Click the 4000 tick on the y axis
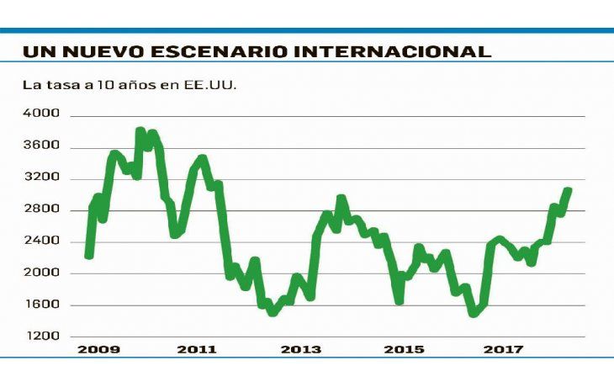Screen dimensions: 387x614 (x=41, y=114)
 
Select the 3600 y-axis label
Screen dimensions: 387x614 (x=41, y=146)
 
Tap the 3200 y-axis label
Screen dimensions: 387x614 (x=41, y=178)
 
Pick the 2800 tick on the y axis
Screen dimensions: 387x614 (x=41, y=209)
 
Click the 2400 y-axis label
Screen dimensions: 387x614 (x=41, y=241)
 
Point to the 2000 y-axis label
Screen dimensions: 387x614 (x=41, y=273)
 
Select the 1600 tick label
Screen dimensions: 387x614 (x=41, y=305)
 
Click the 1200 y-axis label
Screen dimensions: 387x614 (x=41, y=336)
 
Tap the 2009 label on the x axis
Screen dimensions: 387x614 (x=98, y=349)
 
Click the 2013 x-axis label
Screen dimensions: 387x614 (x=301, y=349)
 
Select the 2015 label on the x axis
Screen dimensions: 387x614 (x=404, y=349)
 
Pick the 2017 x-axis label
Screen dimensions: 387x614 (x=505, y=349)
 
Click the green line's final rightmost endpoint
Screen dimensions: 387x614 (x=569, y=190)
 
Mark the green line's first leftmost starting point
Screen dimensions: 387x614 (x=88, y=255)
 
